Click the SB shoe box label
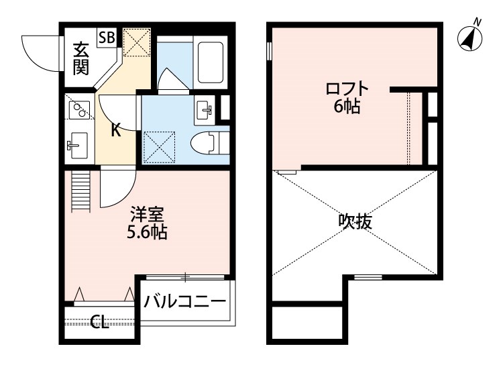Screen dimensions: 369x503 coord(107,37)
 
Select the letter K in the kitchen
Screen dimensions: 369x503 coord(115,129)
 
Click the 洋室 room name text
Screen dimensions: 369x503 coord(147,216)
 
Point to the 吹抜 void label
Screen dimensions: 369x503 coord(355,221)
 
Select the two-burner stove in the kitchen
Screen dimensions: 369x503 coord(80,109)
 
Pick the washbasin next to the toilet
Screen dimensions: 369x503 coord(203,109)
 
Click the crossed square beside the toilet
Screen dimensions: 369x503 coord(160,146)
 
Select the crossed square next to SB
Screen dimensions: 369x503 coord(137,44)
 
